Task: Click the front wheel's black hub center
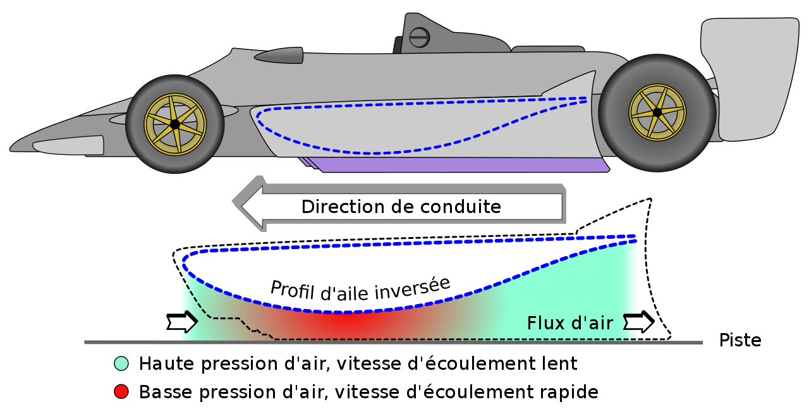click(x=174, y=125)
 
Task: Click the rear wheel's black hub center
click(x=657, y=113)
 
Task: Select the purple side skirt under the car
click(x=461, y=164)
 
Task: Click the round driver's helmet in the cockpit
click(x=419, y=37)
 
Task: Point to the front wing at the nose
click(x=68, y=145)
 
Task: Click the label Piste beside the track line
click(x=740, y=341)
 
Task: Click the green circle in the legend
click(x=121, y=363)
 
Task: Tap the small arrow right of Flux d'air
click(x=639, y=322)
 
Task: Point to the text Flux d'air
click(x=569, y=324)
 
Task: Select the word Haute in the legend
click(x=162, y=363)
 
